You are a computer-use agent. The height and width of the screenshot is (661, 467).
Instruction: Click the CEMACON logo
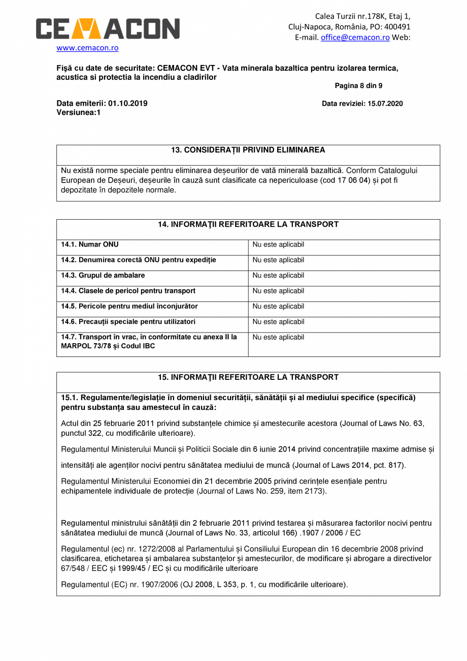pos(108,29)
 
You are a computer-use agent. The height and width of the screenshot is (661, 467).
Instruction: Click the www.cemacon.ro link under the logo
pos(87,48)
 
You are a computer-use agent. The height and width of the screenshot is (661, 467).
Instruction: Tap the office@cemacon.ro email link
pos(355,37)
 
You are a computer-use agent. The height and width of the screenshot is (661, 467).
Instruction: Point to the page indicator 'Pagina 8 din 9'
pos(358,86)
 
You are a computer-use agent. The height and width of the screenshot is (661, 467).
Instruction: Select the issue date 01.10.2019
pos(128,104)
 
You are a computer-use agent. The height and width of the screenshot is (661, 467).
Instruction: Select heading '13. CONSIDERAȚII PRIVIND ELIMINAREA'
pos(248,150)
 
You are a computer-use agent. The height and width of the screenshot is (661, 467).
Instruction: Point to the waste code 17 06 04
pos(353,180)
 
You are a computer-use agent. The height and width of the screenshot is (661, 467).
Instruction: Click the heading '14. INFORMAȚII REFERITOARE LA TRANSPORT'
pos(248,224)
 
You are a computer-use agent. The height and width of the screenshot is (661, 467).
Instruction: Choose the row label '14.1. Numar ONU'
pos(90,245)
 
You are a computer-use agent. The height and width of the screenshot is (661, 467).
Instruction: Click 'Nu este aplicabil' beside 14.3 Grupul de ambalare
pos(278,276)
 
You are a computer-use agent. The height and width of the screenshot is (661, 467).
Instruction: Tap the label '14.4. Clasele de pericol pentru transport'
pos(128,291)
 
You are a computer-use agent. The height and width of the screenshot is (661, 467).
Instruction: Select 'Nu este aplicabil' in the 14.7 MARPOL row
pos(278,337)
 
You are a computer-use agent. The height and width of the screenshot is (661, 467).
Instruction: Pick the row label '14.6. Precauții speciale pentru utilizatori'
pos(128,322)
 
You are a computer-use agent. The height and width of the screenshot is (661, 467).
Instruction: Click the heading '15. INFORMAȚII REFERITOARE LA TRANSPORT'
pos(248,377)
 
